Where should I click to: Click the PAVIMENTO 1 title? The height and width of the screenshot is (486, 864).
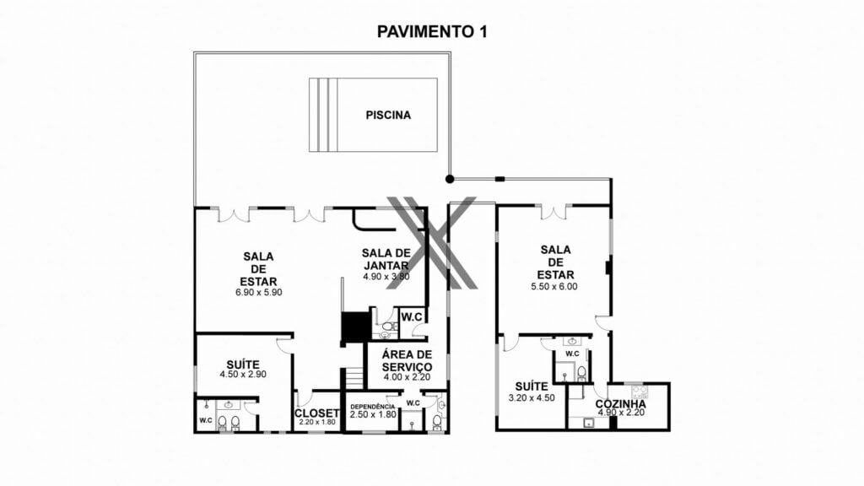tap(432, 32)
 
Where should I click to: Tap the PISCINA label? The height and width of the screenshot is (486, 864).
tap(388, 115)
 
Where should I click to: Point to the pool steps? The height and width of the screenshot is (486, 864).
tap(323, 115)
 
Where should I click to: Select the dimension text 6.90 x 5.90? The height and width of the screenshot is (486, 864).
tap(258, 293)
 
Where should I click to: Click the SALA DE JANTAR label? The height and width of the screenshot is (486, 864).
tap(386, 259)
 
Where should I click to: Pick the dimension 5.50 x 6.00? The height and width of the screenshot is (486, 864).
tap(554, 287)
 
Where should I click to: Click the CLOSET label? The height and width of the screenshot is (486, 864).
tap(317, 413)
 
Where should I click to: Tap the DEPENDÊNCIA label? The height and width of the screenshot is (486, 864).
tap(372, 407)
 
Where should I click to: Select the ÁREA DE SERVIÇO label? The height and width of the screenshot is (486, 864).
tap(408, 360)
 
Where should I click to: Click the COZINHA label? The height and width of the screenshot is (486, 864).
tap(620, 404)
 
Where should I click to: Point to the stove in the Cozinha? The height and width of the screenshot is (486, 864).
tap(640, 391)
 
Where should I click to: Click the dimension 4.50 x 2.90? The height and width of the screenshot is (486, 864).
tap(243, 374)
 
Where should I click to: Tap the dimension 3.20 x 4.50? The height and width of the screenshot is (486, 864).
tap(532, 398)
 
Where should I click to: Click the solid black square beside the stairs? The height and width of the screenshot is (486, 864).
tap(355, 327)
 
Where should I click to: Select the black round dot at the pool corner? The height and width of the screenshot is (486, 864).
tap(450, 179)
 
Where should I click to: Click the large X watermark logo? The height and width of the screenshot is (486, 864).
tap(431, 242)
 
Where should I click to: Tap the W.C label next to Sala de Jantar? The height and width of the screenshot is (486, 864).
tap(412, 317)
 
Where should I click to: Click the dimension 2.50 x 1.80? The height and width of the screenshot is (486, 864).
tap(373, 414)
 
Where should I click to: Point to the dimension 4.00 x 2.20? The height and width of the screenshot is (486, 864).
tap(408, 377)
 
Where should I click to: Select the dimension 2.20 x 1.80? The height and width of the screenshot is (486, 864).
tap(317, 422)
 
